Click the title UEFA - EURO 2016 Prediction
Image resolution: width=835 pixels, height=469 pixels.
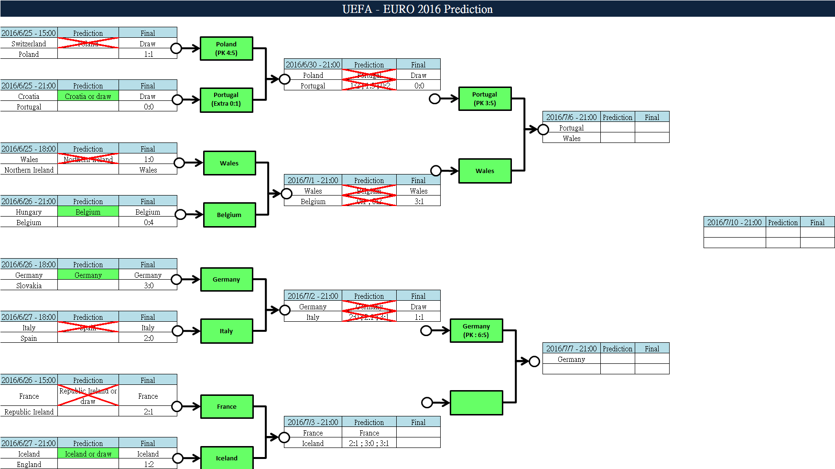click(417, 9)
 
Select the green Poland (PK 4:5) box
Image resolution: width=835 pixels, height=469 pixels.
click(226, 48)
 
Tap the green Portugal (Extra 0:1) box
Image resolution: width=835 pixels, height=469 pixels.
click(226, 99)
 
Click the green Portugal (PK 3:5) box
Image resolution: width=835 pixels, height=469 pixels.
click(485, 98)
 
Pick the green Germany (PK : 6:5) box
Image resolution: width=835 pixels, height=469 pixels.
click(476, 330)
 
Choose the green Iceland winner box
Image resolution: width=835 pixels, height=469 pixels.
click(227, 458)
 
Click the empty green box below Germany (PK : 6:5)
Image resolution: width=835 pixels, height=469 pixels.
click(476, 403)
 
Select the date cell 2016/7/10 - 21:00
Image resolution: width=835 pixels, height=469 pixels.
click(734, 222)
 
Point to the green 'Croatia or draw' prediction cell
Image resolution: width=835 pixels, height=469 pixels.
click(88, 96)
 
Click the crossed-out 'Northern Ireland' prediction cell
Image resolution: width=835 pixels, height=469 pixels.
click(88, 159)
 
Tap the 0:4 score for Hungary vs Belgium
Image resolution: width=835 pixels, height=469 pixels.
click(148, 222)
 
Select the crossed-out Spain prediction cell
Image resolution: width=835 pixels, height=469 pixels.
click(88, 327)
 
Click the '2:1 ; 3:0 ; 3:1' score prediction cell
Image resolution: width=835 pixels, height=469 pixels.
click(369, 443)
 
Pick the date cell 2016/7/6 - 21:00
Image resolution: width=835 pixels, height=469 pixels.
click(571, 117)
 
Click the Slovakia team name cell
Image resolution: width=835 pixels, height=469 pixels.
click(29, 285)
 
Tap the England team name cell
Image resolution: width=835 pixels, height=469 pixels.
click(29, 464)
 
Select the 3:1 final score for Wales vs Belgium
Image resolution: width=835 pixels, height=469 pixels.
click(419, 201)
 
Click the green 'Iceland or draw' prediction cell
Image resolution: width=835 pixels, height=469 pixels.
click(88, 454)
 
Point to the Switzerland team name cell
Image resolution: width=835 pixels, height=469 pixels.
click(29, 44)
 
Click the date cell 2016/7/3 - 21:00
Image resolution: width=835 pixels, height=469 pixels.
click(313, 422)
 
